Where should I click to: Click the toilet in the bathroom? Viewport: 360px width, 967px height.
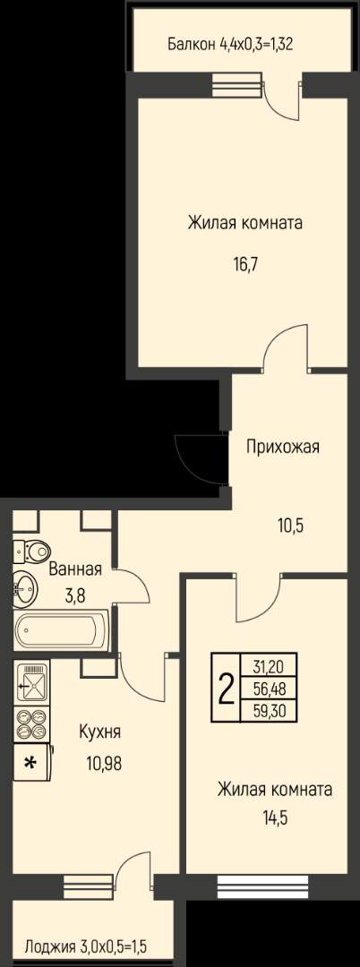tap(31, 550)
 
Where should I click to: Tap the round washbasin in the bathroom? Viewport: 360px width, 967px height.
tap(25, 588)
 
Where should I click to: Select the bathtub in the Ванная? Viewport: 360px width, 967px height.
tap(61, 630)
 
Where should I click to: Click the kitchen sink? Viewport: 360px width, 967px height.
tap(31, 682)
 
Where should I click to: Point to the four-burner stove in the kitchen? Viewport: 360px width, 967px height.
tap(31, 724)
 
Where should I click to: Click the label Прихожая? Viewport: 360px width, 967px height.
tap(283, 447)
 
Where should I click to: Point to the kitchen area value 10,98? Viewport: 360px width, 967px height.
tap(104, 764)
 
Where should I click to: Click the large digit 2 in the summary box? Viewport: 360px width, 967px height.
tap(227, 688)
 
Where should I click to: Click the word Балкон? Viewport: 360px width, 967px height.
tap(191, 45)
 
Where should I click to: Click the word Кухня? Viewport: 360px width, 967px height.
tap(100, 732)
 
